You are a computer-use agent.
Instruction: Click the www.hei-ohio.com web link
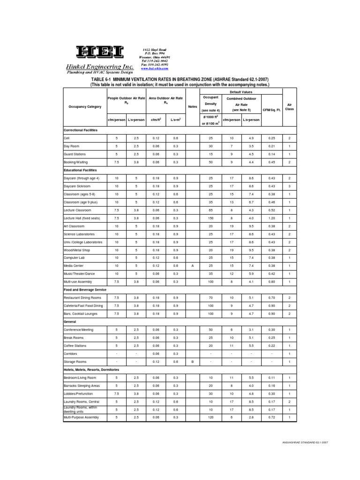pyautogui.click(x=155, y=68)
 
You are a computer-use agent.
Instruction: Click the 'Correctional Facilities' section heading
pyautogui.click(x=81, y=130)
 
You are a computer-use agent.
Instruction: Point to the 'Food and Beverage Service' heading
pyautogui.click(x=84, y=290)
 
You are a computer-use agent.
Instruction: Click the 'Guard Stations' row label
pyautogui.click(x=75, y=154)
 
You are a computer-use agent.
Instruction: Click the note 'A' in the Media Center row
pyautogui.click(x=193, y=266)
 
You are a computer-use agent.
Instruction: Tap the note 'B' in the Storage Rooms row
pyautogui.click(x=193, y=362)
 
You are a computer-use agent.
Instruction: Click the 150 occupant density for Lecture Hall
pyautogui.click(x=210, y=218)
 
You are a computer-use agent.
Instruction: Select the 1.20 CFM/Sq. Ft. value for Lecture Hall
pyautogui.click(x=272, y=218)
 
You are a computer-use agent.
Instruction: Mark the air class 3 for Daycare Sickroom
pyautogui.click(x=289, y=186)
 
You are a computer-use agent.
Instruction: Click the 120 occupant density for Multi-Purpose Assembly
pyautogui.click(x=210, y=417)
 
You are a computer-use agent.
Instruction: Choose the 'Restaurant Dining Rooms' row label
pyautogui.click(x=83, y=298)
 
